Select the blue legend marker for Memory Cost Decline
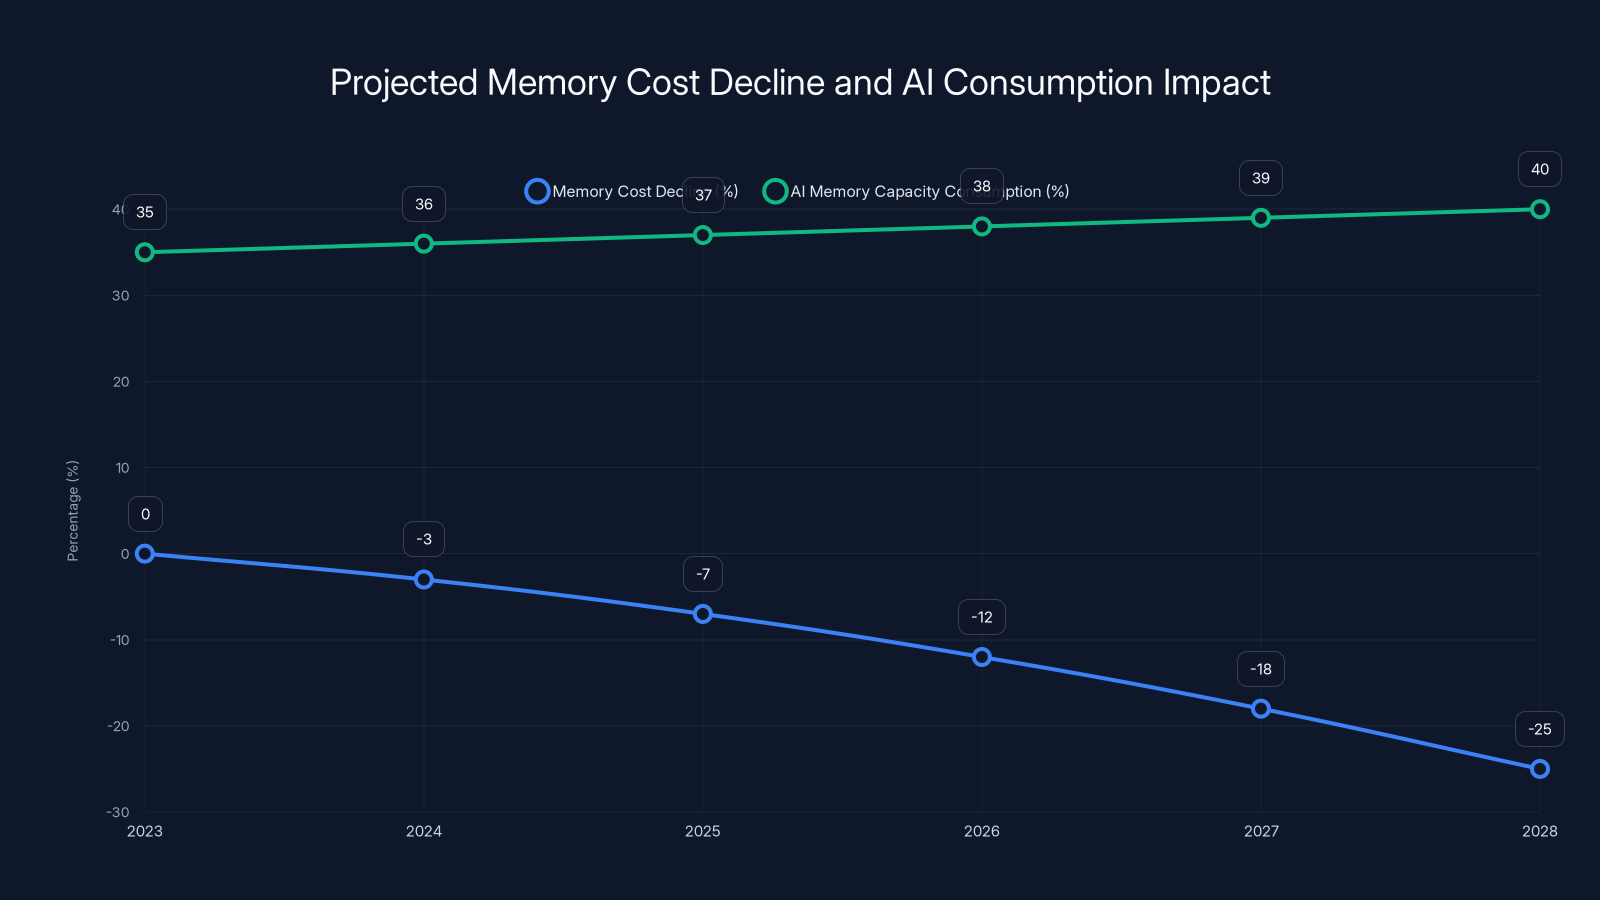tap(536, 191)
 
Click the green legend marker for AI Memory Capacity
tap(774, 191)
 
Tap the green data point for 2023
tap(144, 252)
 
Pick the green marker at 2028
tap(1539, 209)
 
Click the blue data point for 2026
tap(981, 657)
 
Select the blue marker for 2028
tap(1539, 769)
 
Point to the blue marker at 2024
tap(423, 579)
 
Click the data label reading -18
tap(1260, 669)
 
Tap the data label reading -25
tap(1539, 729)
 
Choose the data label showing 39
tap(1260, 178)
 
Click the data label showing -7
tap(702, 574)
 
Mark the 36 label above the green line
tap(423, 204)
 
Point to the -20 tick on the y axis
tap(118, 726)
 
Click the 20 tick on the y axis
tap(121, 382)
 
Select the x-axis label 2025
tap(702, 831)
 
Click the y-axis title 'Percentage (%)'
tap(72, 510)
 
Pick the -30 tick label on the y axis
tap(118, 812)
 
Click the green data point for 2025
tap(702, 235)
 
